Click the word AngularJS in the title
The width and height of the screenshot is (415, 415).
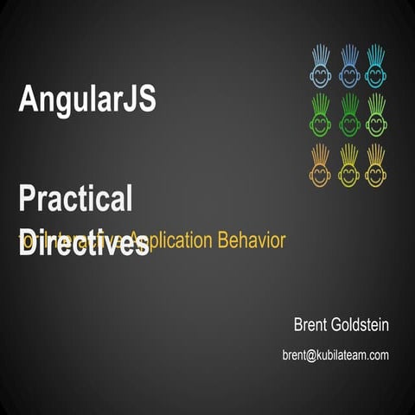click(86, 99)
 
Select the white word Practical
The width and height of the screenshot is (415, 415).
click(75, 199)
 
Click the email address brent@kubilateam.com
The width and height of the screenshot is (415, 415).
click(335, 354)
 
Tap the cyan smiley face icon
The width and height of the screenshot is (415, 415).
click(376, 74)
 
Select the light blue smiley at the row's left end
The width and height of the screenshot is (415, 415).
click(321, 74)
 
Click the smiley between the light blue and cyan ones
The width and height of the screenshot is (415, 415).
click(348, 74)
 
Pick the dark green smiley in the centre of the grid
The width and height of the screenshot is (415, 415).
click(348, 124)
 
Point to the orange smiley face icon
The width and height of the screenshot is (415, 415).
click(321, 173)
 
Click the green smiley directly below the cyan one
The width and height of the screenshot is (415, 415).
click(376, 124)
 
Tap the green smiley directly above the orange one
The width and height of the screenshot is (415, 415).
click(321, 124)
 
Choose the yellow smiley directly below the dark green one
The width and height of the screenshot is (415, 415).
click(348, 173)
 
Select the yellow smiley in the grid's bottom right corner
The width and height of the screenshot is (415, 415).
click(376, 173)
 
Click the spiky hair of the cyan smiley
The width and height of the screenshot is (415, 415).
click(376, 54)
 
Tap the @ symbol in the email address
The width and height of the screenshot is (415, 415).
click(312, 354)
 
